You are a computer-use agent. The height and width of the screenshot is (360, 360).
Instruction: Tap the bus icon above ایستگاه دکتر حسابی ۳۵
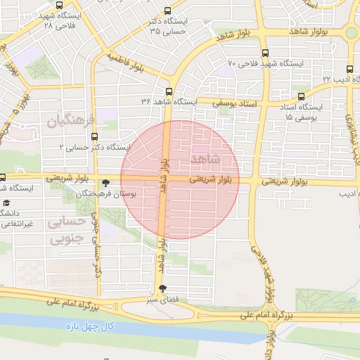point(167,11)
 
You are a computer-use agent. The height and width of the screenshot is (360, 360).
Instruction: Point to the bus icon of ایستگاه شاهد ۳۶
point(169,91)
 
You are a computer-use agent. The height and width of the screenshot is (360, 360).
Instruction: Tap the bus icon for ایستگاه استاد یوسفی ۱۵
point(301,96)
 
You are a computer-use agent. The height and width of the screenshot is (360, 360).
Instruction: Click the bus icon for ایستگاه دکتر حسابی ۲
point(94,136)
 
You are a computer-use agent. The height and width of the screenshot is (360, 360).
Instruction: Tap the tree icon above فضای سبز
point(164,289)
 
